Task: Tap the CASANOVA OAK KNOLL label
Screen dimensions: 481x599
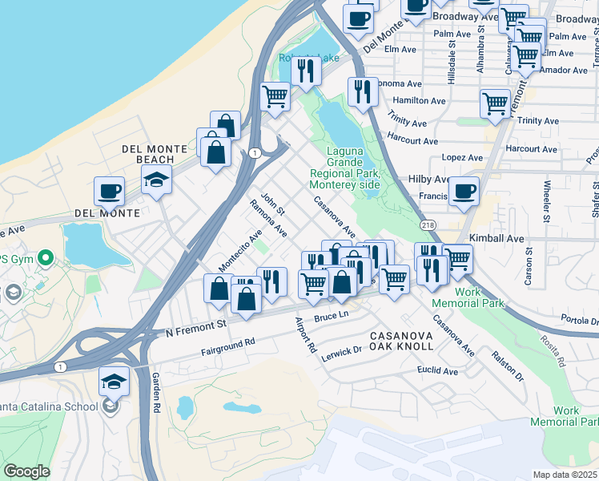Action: [401, 339]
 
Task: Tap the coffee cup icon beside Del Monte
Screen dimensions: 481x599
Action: [109, 192]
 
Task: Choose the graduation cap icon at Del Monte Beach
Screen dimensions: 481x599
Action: [157, 180]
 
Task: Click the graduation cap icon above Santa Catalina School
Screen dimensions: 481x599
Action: [115, 382]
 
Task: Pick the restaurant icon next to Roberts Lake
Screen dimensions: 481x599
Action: [305, 71]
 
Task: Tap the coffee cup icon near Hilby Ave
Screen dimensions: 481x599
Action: [463, 192]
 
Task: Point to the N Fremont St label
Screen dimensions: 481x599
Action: [196, 327]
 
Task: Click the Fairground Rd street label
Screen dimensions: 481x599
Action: [227, 346]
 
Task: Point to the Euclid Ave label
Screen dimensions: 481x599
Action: [437, 372]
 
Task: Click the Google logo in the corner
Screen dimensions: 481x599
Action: [26, 471]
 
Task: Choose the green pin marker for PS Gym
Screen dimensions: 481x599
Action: [46, 259]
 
